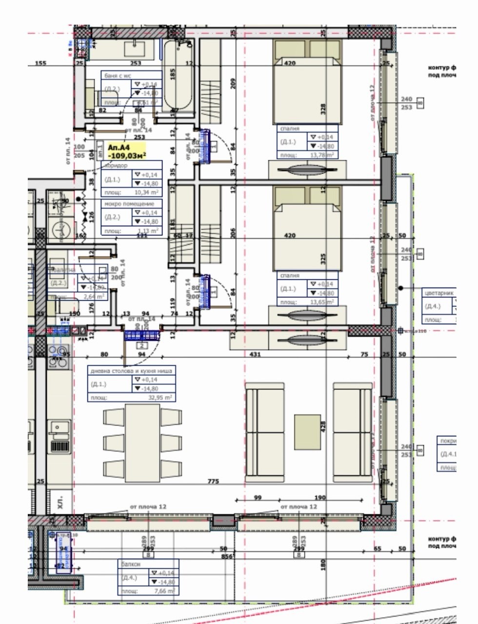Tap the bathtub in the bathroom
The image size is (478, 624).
[178, 76]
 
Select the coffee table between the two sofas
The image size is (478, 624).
[307, 432]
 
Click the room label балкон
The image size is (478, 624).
[129, 564]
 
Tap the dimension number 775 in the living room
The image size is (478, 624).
[213, 482]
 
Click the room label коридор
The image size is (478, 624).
[116, 166]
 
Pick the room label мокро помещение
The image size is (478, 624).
[129, 204]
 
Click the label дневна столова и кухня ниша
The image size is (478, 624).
[131, 371]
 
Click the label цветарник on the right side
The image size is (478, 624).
[439, 293]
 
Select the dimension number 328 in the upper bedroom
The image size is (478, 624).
[323, 109]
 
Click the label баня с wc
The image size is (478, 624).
[118, 76]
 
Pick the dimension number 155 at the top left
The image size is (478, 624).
[40, 63]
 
